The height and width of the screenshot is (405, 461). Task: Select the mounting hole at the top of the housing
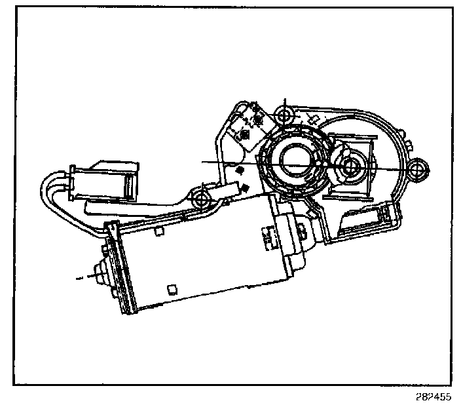(284, 117)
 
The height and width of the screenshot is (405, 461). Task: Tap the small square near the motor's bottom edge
(172, 288)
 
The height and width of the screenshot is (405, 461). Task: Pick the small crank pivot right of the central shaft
(348, 166)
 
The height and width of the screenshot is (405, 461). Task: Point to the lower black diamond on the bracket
(244, 189)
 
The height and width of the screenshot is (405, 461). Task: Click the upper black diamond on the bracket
(240, 170)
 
